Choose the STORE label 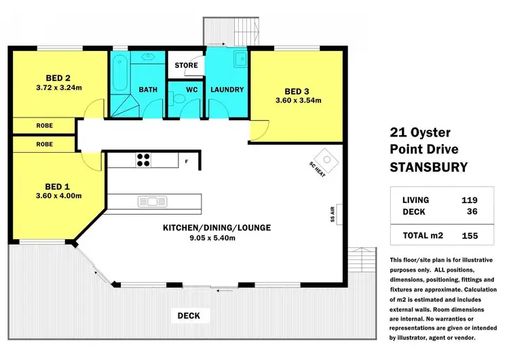pos(186,66)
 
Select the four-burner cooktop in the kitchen pos(144,160)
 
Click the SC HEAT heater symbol pos(326,160)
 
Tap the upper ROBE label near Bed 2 pos(45,126)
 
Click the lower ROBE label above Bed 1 pos(45,144)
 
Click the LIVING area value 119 pos(469,200)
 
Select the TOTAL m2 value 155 pos(469,236)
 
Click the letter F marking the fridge pos(186,161)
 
